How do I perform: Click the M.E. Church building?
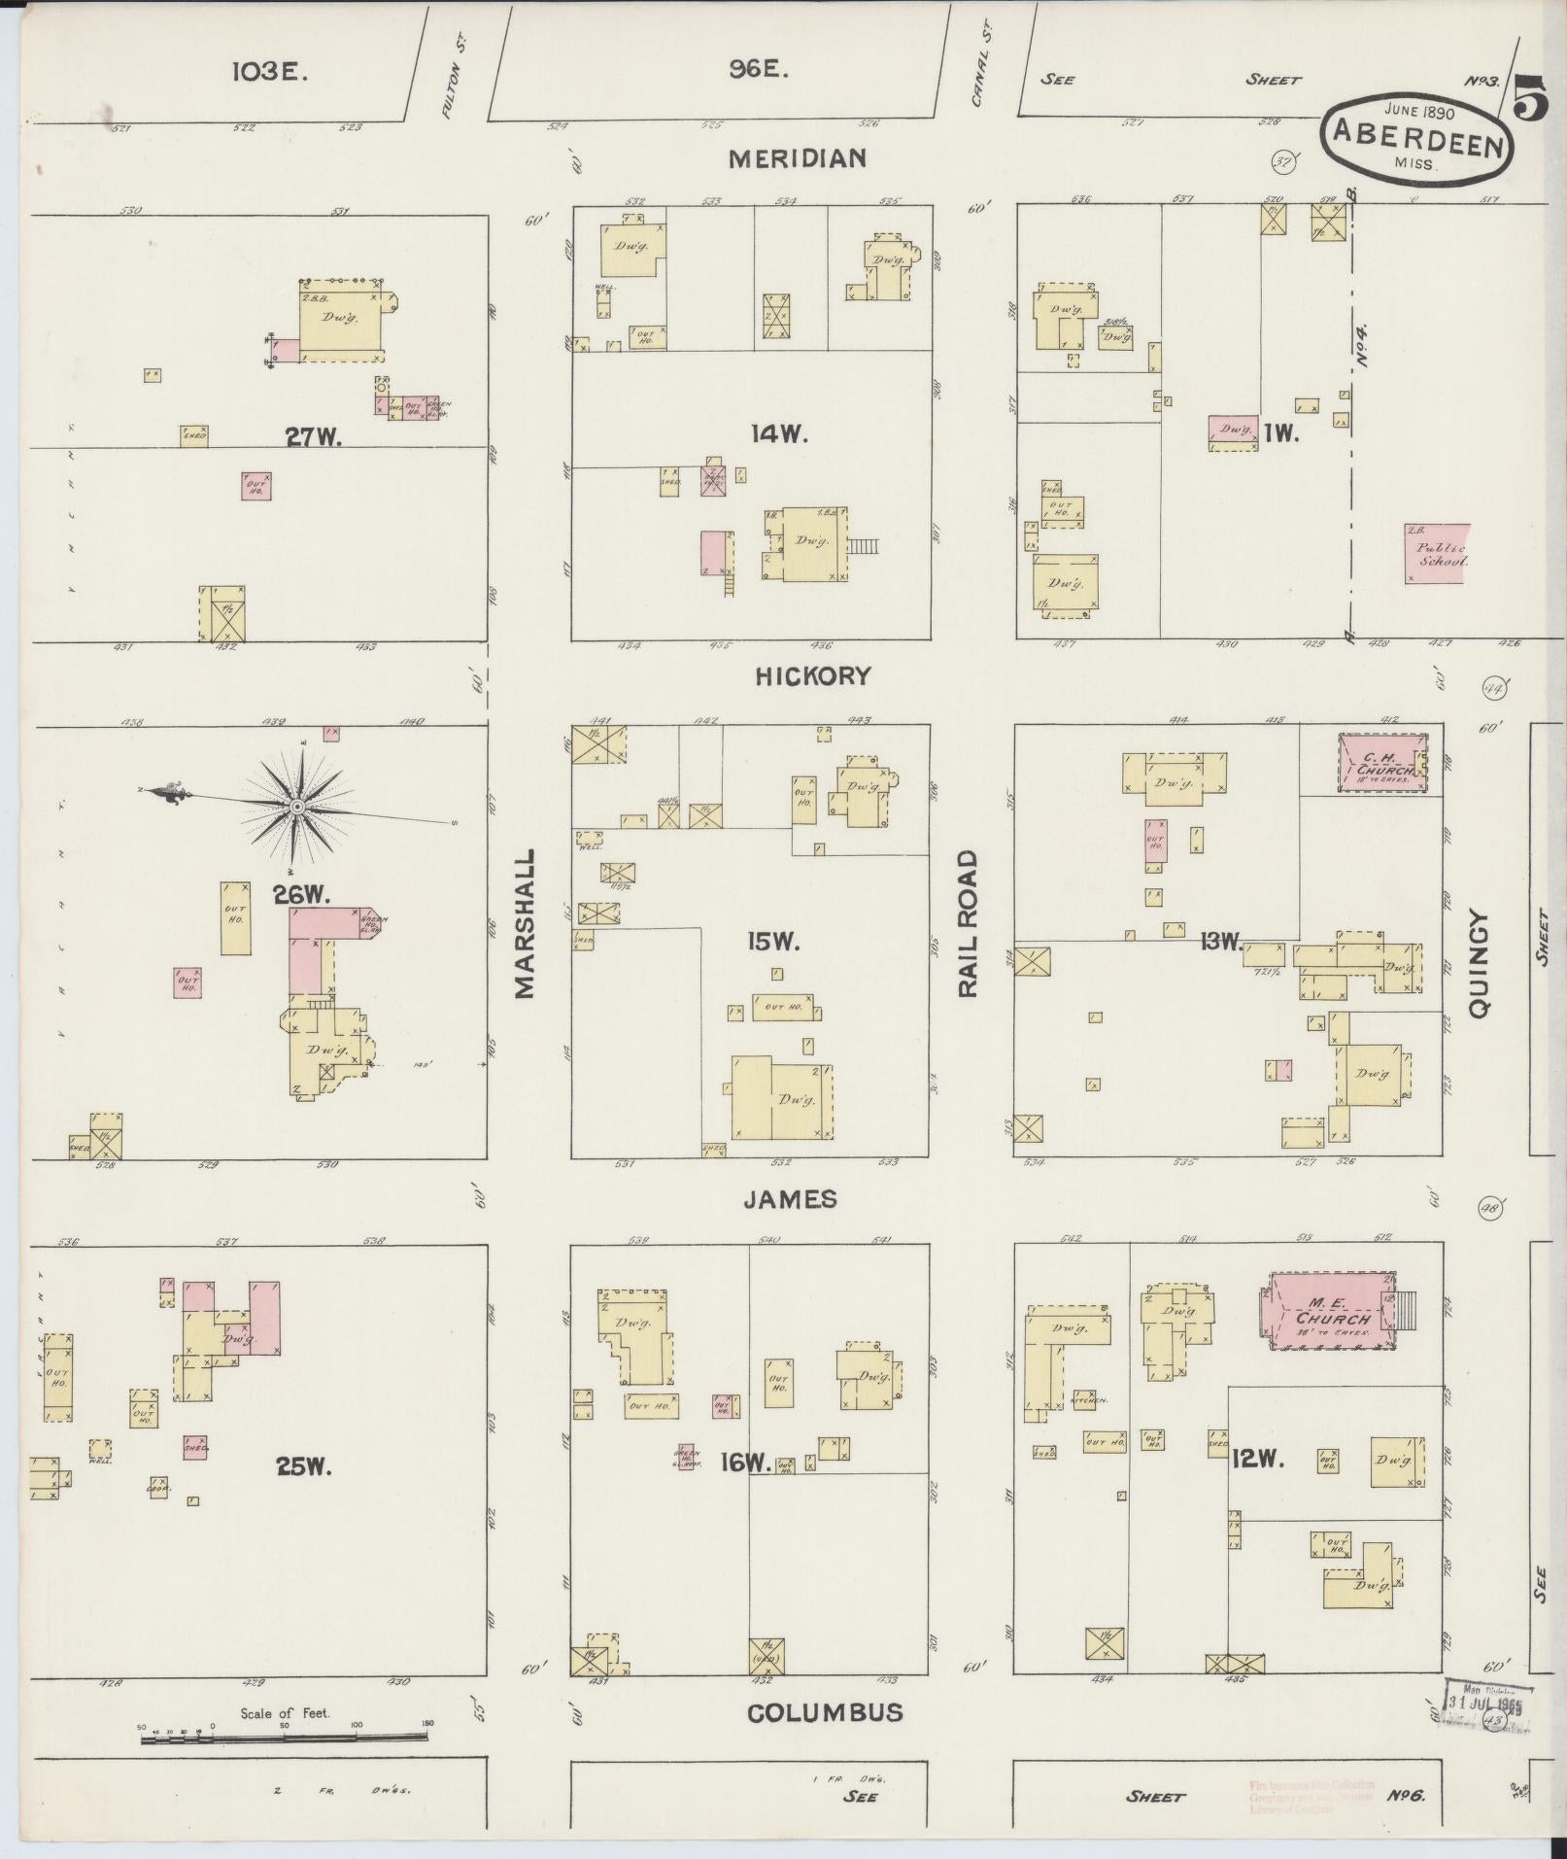(x=1328, y=1312)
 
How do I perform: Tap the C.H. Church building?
(x=1380, y=764)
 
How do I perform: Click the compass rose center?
(x=297, y=807)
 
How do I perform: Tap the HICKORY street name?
(x=813, y=676)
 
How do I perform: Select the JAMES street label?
(x=790, y=1200)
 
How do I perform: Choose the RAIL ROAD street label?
(x=970, y=923)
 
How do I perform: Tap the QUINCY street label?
(x=1480, y=962)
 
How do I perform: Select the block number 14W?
(x=780, y=435)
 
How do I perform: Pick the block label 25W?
(x=304, y=1466)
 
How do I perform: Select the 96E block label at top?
(x=759, y=70)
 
